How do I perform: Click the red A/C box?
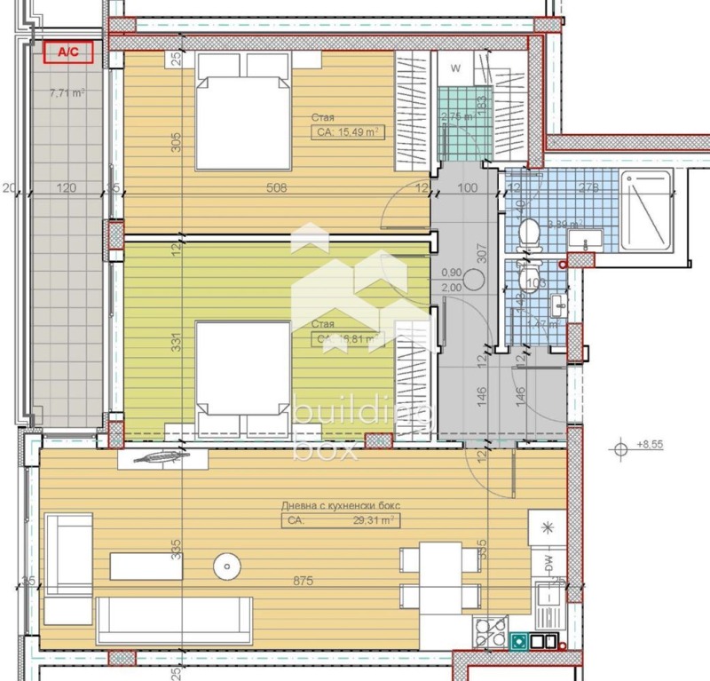tap(67, 52)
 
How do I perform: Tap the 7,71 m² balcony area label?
tap(67, 91)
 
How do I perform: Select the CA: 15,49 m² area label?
tap(346, 132)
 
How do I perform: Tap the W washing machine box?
tap(455, 68)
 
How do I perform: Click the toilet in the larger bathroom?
tap(529, 234)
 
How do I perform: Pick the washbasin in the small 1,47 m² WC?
tap(557, 305)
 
